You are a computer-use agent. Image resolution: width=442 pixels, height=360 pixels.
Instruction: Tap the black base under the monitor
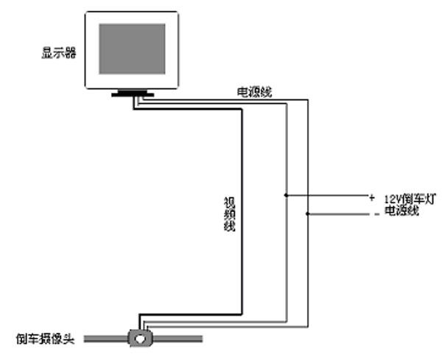pos(132,93)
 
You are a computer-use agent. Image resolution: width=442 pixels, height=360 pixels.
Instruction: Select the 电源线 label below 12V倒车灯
pos(402,211)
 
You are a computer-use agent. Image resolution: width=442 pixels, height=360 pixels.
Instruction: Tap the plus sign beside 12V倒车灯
pos(372,197)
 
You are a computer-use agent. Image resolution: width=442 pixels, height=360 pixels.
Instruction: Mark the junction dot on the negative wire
pos(307,214)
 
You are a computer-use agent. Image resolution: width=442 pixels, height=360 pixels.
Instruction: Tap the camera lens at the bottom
pos(140,339)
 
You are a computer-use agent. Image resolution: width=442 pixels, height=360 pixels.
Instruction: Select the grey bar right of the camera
pos(177,339)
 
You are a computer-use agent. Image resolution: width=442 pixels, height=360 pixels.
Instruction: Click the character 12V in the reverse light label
pos(391,198)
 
